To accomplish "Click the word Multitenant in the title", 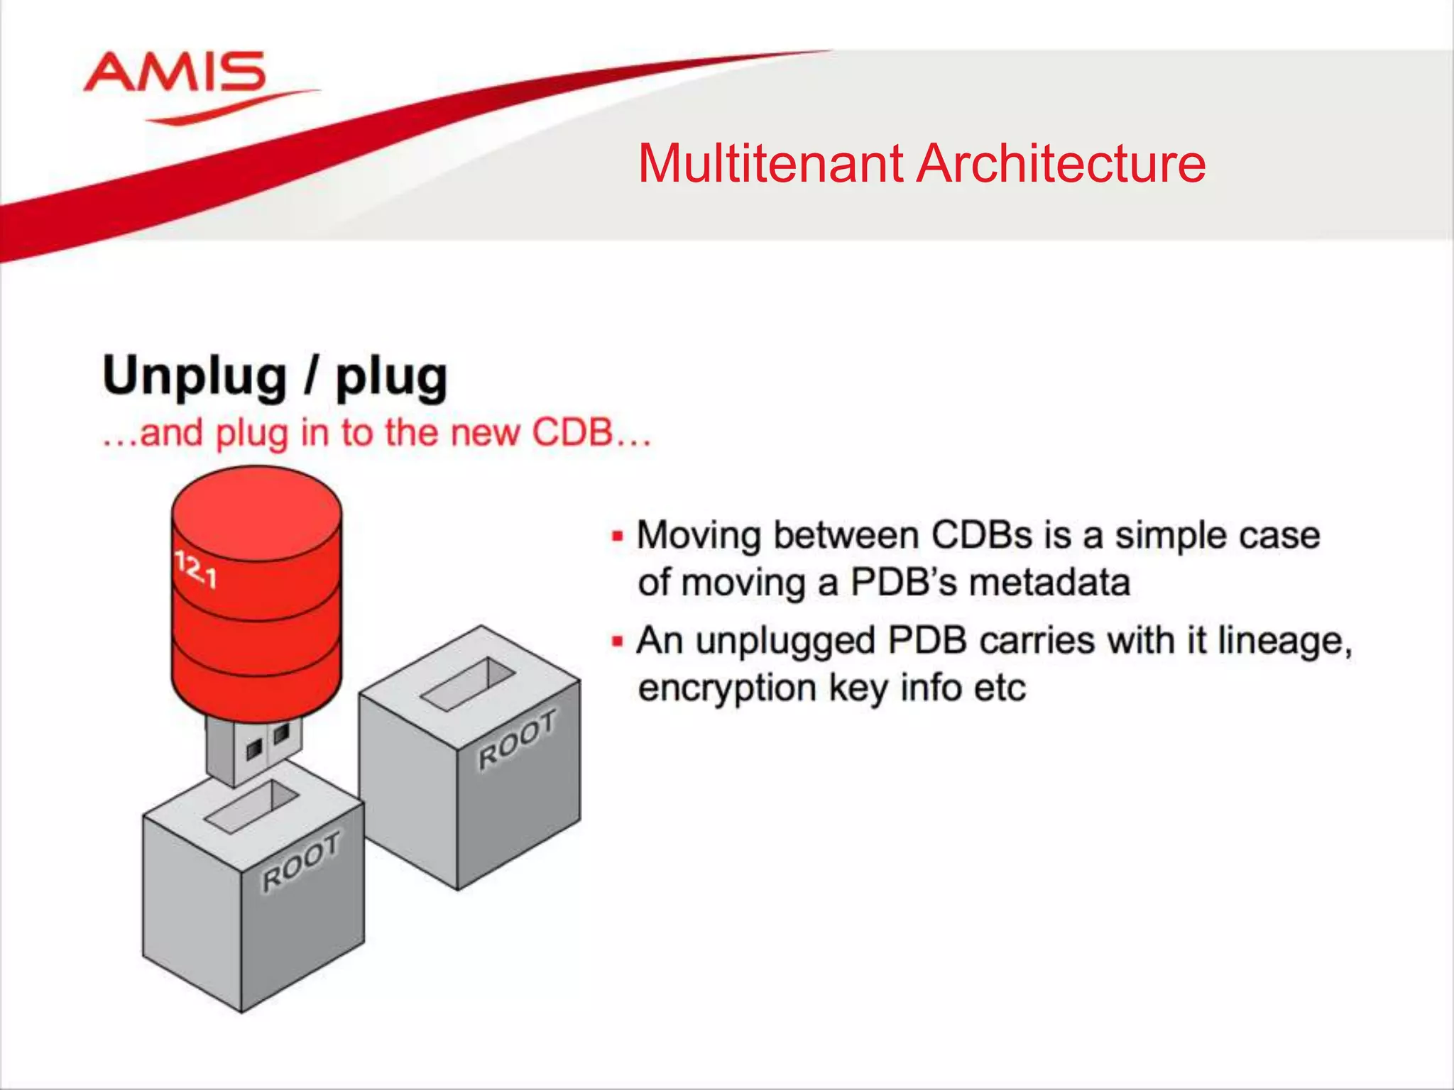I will coord(770,164).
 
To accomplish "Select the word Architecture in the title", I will coord(1061,164).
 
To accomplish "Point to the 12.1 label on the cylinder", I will coord(196,571).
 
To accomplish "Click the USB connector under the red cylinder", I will coord(254,749).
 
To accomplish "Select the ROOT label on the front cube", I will coord(302,861).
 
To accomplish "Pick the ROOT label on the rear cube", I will coord(517,739).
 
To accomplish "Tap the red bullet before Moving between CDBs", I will coord(617,536).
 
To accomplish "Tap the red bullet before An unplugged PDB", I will coord(617,642).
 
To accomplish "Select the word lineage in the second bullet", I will coord(1284,641).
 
